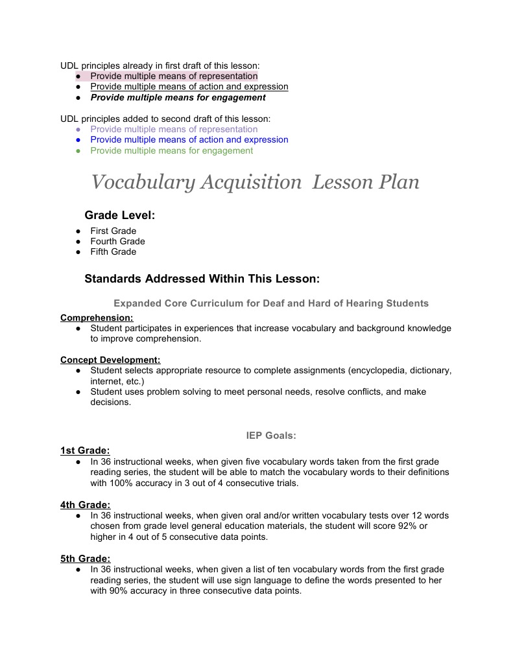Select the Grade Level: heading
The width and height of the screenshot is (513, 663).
[119, 215]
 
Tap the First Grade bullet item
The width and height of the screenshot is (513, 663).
[113, 231]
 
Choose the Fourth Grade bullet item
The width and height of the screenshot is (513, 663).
[117, 241]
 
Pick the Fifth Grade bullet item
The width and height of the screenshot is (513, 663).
[113, 251]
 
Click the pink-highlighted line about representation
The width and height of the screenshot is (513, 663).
[173, 76]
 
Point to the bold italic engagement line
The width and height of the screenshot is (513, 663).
[178, 97]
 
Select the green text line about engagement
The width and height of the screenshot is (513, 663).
[171, 150]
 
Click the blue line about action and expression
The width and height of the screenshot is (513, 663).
[189, 139]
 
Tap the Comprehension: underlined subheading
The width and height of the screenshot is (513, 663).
[97, 318]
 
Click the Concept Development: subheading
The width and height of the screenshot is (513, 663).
[110, 360]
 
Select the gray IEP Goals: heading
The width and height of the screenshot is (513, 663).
[271, 436]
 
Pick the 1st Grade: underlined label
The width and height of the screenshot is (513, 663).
[85, 450]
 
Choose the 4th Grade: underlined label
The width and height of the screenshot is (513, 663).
[85, 504]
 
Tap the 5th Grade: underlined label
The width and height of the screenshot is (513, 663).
[85, 558]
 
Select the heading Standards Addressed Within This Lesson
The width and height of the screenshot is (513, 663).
[202, 279]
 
